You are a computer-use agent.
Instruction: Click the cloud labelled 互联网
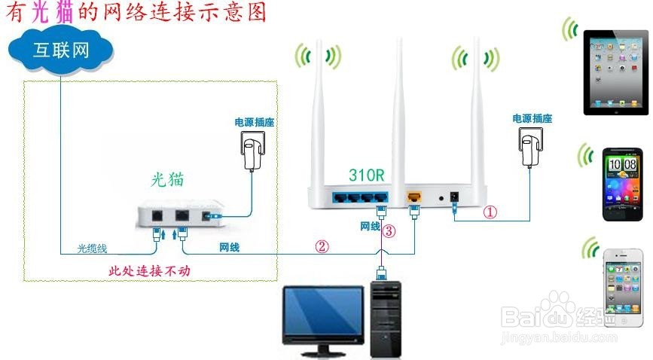[61, 50]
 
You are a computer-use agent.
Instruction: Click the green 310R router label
[367, 175]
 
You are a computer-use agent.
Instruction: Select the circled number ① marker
[490, 212]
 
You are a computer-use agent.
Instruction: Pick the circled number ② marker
[322, 246]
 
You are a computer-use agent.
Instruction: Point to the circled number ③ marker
[389, 231]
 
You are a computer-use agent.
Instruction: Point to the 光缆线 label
[94, 248]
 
